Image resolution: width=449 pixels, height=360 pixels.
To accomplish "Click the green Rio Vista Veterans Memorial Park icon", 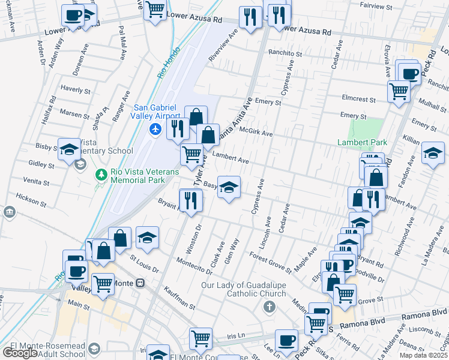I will click(x=102, y=174).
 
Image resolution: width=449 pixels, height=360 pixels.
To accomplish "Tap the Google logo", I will click(x=20, y=353).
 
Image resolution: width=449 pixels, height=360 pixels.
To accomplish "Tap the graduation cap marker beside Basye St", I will click(x=229, y=188).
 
